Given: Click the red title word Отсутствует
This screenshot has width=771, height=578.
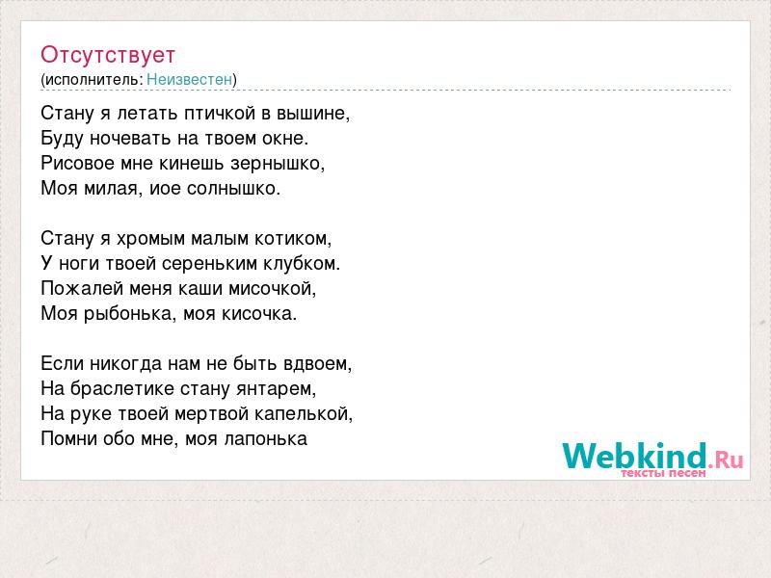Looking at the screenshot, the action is click(x=108, y=55).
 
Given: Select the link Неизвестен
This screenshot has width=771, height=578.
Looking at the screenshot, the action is click(x=189, y=79).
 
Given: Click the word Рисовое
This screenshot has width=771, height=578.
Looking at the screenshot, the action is click(x=78, y=163).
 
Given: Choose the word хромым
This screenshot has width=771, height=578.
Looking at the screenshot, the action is click(x=150, y=239).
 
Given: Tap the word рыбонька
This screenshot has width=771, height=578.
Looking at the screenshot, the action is click(x=127, y=314).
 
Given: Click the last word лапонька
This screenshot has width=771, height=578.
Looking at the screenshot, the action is click(x=266, y=439).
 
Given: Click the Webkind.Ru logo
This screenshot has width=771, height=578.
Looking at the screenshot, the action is click(x=653, y=459).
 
